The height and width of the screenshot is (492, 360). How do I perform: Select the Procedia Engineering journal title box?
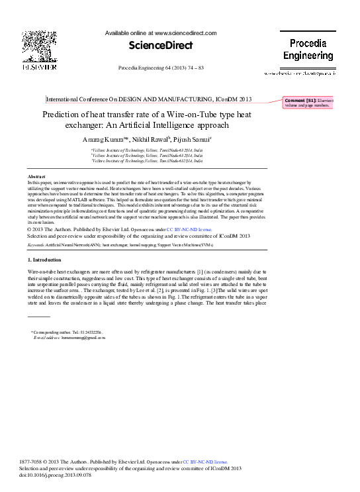click(x=308, y=50)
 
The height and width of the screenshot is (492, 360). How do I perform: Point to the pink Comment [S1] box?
click(x=308, y=103)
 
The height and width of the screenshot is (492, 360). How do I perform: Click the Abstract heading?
click(x=36, y=176)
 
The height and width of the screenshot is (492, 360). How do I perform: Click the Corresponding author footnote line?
click(x=67, y=331)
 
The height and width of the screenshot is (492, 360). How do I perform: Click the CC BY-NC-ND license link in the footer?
click(x=204, y=462)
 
